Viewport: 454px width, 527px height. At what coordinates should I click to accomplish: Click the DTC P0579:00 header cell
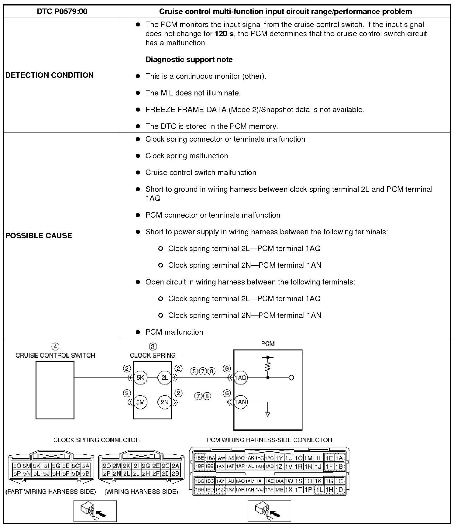tap(62, 12)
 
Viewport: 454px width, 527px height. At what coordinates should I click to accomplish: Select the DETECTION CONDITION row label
tap(50, 75)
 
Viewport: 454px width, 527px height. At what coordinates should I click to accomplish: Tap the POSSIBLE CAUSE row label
tap(39, 236)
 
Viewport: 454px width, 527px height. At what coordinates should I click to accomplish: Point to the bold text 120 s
tap(224, 34)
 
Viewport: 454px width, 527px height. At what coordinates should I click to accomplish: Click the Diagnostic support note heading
tap(189, 59)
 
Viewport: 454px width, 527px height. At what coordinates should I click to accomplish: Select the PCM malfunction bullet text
tap(174, 332)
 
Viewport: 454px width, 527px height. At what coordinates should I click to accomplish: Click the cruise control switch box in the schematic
tap(55, 390)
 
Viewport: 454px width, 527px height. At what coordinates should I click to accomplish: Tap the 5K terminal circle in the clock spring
tap(140, 378)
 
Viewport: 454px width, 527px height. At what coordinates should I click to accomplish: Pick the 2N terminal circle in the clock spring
tap(164, 402)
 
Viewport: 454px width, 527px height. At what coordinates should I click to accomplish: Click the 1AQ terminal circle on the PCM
tap(240, 378)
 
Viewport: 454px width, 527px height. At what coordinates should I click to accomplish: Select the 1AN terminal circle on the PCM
tap(240, 402)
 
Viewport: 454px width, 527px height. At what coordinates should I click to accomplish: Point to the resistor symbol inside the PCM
tap(268, 367)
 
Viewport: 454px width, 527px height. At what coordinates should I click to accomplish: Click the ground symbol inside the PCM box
tap(268, 414)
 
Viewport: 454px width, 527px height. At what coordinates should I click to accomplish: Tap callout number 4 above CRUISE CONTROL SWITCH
tap(55, 346)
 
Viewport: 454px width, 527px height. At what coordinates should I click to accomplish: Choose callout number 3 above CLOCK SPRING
tap(153, 346)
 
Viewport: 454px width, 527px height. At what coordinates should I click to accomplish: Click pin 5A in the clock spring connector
tap(86, 466)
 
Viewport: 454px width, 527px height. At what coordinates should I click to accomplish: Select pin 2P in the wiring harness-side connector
tap(107, 474)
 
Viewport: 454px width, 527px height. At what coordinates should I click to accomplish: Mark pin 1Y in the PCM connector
tap(279, 458)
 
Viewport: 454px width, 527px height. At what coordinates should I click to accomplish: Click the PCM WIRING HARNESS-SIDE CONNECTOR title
tap(269, 440)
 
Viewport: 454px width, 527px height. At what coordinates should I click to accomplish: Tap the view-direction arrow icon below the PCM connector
tap(269, 511)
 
